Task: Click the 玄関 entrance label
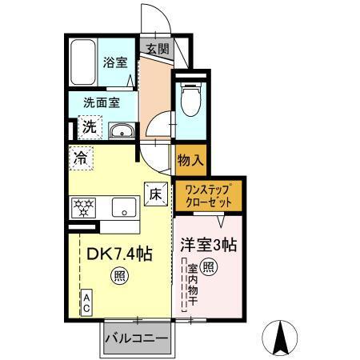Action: pos(156,49)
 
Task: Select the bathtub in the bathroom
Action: pos(82,63)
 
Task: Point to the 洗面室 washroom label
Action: pos(102,102)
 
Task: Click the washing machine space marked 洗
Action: pos(90,126)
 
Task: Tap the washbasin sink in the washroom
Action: pos(122,131)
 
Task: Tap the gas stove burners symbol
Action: pos(84,208)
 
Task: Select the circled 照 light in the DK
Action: pos(118,278)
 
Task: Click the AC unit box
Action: pos(86,303)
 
